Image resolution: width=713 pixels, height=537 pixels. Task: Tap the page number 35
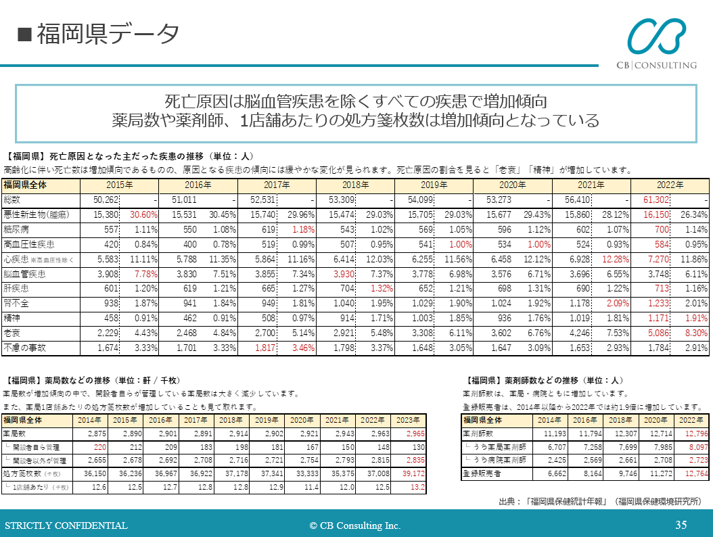coord(681,525)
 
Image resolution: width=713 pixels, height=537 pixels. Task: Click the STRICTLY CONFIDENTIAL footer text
coord(66,526)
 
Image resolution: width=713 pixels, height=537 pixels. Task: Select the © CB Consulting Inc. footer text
coord(355,526)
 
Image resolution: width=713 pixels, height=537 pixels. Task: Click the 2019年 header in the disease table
coord(434,185)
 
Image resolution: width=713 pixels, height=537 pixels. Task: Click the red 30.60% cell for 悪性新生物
coord(144,214)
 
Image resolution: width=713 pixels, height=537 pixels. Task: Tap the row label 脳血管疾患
coord(24,274)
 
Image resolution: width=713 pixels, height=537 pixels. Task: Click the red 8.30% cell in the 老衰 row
coord(693,333)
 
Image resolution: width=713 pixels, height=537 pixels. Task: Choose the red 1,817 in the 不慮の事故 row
coord(264,348)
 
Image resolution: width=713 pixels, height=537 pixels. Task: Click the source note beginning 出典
coord(599,501)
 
